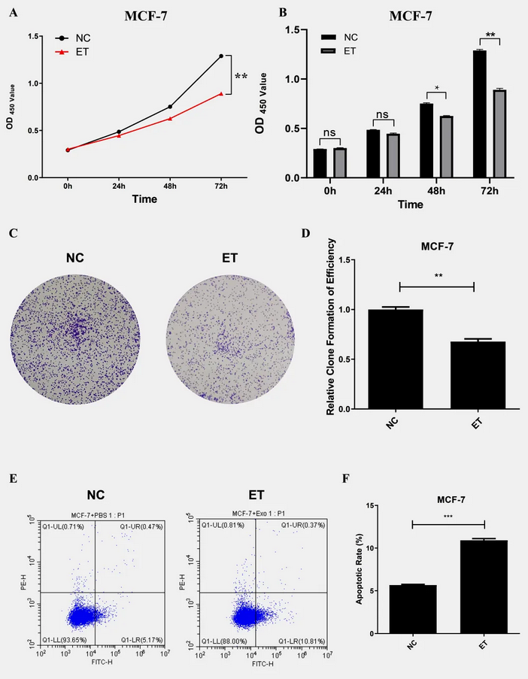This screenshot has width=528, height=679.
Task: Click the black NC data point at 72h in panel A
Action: pos(221,56)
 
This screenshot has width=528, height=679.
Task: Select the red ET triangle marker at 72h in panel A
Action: pos(221,94)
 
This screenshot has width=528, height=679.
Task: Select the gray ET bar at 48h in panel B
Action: pos(446,147)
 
